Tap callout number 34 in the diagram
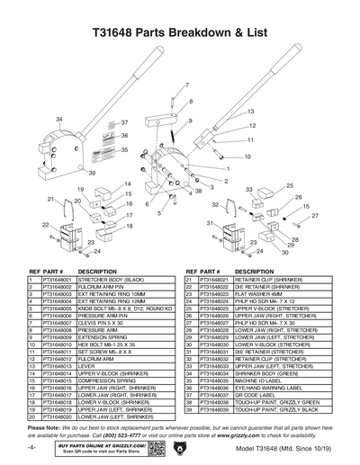coord(59,119)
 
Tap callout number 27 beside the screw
coord(314,217)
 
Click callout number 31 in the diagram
coord(209,222)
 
